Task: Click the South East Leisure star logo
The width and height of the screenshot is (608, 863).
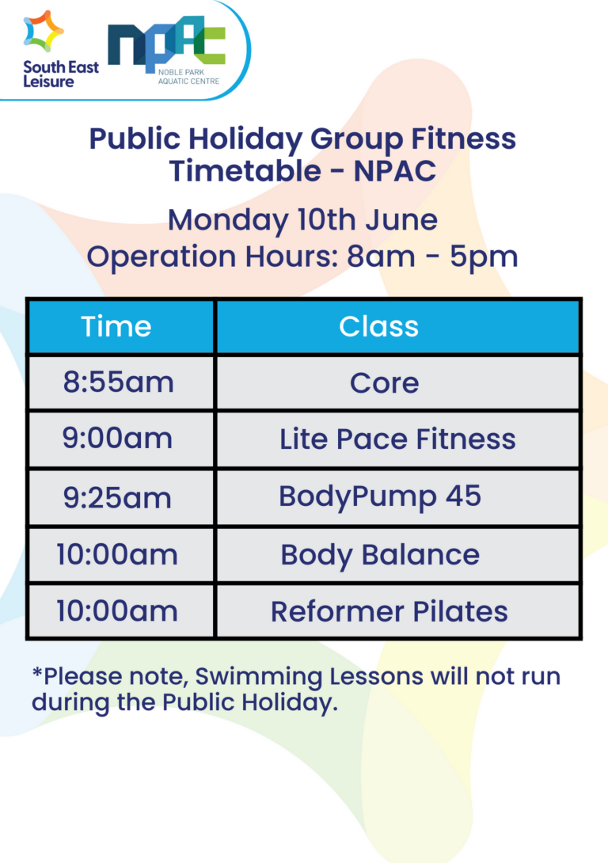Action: pyautogui.click(x=44, y=32)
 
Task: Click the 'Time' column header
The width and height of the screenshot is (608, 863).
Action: pyautogui.click(x=116, y=326)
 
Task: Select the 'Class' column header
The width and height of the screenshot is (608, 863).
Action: pyautogui.click(x=378, y=326)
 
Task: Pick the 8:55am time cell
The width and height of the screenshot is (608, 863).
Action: pyautogui.click(x=118, y=382)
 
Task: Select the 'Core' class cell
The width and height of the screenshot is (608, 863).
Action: pyautogui.click(x=384, y=383)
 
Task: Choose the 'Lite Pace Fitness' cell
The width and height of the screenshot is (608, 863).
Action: pyautogui.click(x=397, y=439)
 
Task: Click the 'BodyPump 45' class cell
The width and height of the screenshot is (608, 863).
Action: pyautogui.click(x=380, y=496)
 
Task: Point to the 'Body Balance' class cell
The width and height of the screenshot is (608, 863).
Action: pyautogui.click(x=380, y=554)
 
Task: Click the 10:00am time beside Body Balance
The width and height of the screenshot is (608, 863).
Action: pyautogui.click(x=117, y=554)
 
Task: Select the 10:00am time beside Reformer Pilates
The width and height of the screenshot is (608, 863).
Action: pyautogui.click(x=117, y=611)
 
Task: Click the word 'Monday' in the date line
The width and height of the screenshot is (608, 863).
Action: pyautogui.click(x=228, y=219)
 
